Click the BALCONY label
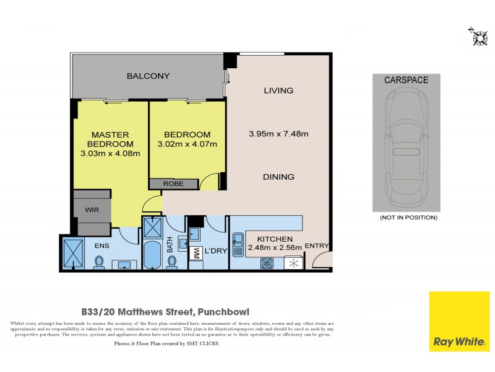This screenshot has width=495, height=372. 148,76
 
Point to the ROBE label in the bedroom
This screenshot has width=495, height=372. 174,184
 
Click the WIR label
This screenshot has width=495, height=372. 92,210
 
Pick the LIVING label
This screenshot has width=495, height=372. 278,91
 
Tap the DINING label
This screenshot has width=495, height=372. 278,177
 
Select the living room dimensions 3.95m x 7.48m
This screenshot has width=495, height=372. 278,133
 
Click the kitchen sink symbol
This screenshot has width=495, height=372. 238,239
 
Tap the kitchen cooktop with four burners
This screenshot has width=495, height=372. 267,263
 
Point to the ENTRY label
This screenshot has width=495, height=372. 317,246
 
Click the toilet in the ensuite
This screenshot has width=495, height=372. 98,263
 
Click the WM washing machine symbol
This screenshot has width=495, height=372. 196,253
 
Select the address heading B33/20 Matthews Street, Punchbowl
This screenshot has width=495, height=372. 170,312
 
